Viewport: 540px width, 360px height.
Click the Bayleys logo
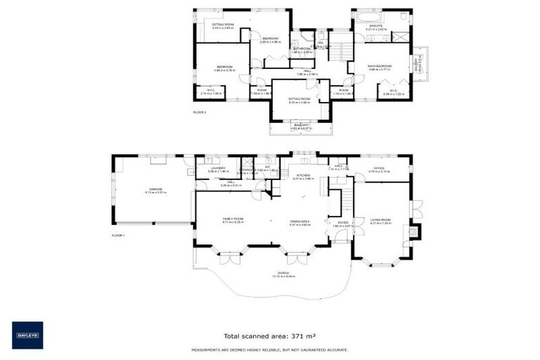tap(27, 335)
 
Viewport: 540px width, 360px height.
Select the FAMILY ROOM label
tap(233, 220)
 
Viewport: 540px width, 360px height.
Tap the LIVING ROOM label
tap(380, 220)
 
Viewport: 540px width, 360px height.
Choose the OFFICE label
tap(378, 169)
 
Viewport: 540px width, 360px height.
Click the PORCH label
tap(283, 274)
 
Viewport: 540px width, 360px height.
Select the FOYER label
tap(342, 223)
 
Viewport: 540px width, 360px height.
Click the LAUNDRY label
tap(217, 169)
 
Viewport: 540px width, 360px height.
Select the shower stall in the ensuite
tap(401, 18)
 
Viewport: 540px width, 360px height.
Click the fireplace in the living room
tap(414, 231)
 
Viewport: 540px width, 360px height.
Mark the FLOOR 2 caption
tap(200, 112)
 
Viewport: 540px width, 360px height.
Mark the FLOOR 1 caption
tap(117, 236)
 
